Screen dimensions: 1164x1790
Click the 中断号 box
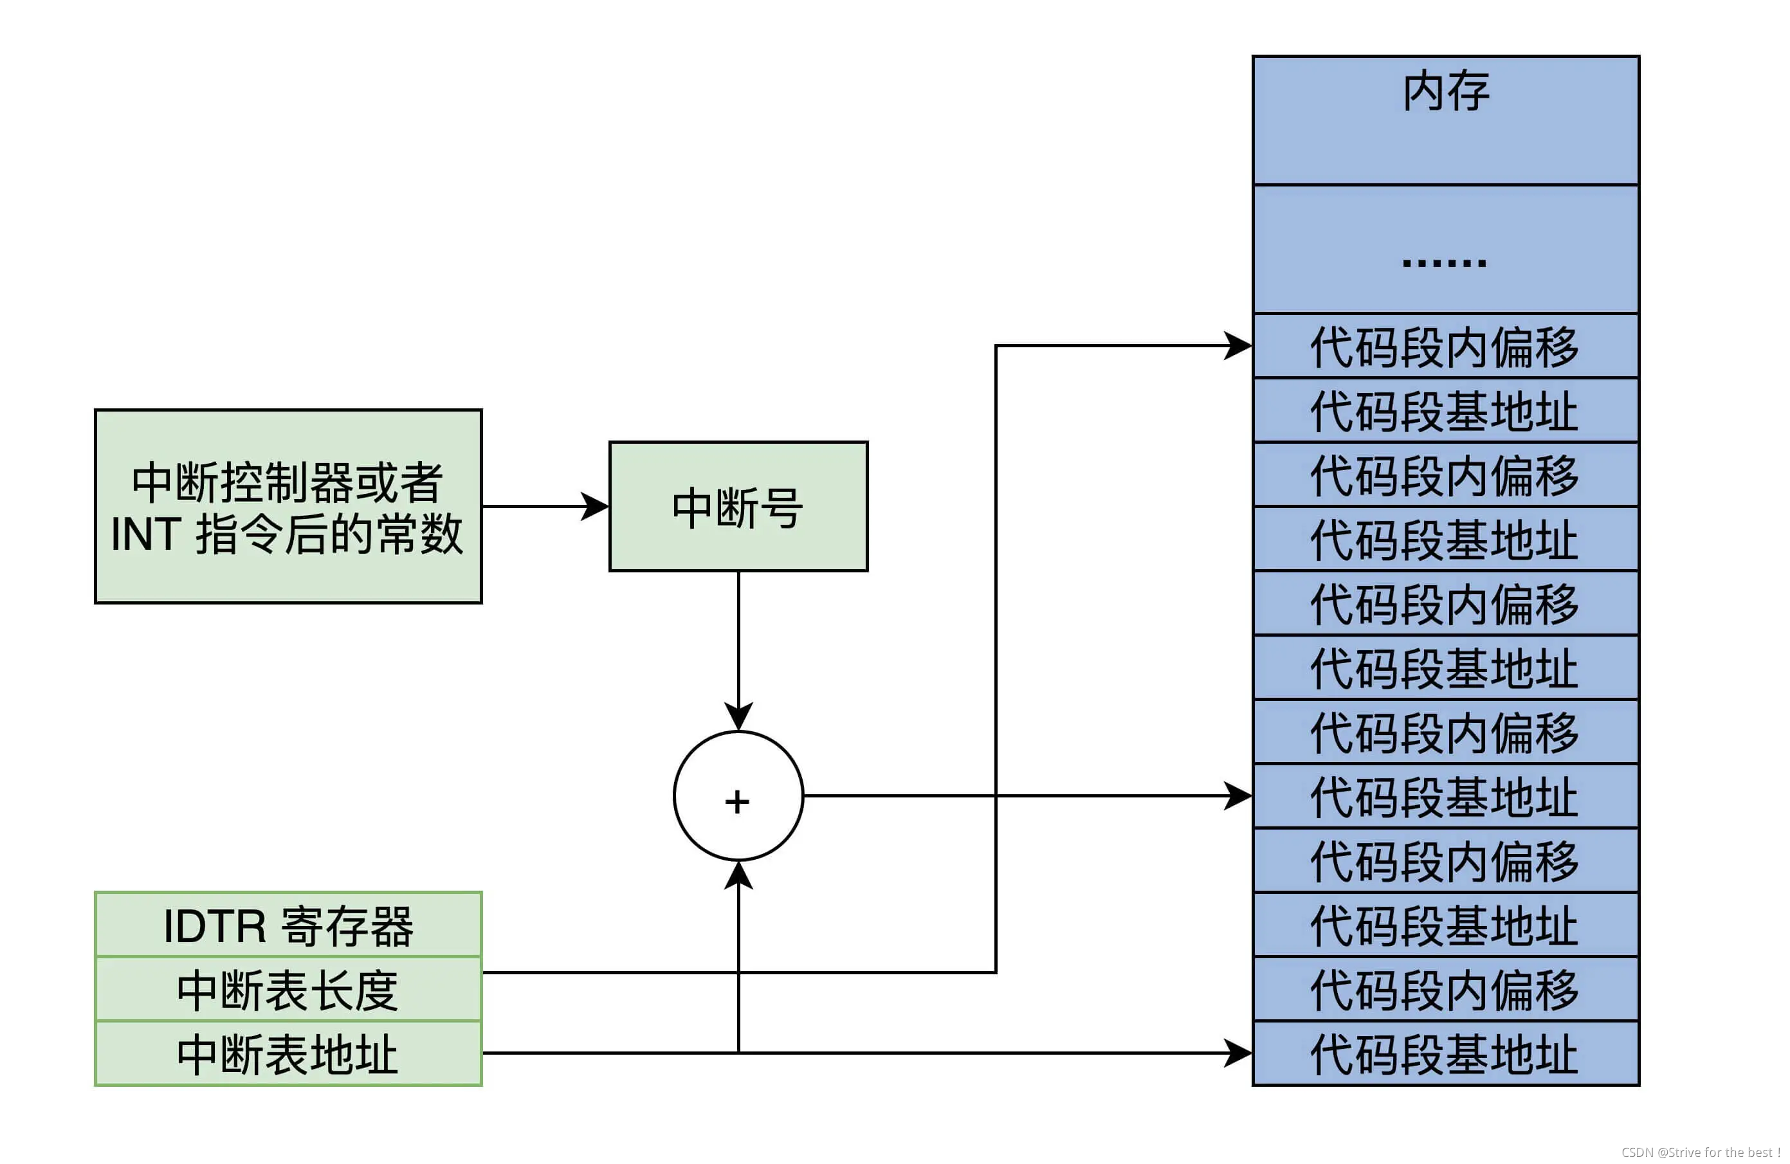(x=738, y=507)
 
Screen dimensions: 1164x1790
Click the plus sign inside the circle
(x=737, y=801)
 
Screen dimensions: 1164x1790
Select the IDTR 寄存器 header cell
(x=288, y=925)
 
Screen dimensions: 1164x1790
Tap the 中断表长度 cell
(x=288, y=990)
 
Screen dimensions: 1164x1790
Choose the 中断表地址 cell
(x=288, y=1053)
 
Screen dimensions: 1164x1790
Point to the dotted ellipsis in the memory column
(x=1444, y=262)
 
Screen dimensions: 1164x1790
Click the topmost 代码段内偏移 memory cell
(x=1445, y=347)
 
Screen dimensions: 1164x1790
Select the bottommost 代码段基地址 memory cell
(x=1445, y=1053)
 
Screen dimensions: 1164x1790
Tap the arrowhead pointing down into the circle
(x=738, y=716)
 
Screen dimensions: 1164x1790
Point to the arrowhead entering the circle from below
(x=738, y=875)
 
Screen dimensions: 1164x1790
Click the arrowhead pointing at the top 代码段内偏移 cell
(x=1239, y=346)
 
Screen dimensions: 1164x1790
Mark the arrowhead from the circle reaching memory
(x=1239, y=796)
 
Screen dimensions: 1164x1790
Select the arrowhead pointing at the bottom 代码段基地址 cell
(x=1239, y=1053)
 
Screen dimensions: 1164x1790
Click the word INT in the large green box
(x=146, y=534)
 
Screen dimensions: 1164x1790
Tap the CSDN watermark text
(x=1700, y=1152)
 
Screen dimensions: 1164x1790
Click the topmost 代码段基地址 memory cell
(x=1445, y=410)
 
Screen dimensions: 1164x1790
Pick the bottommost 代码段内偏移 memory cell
(x=1445, y=990)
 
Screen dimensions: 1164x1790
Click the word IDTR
(x=215, y=925)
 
